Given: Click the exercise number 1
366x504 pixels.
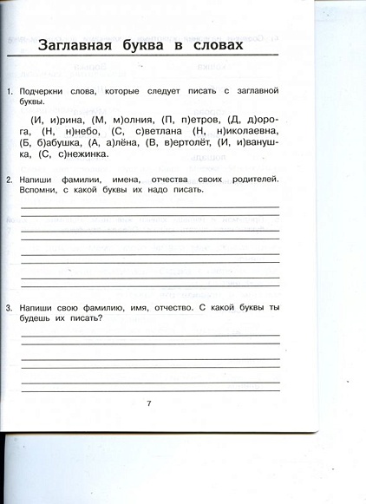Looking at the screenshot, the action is (8, 91).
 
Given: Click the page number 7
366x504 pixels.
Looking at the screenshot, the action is (149, 404).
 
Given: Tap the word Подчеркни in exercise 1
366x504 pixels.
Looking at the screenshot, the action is (45, 91).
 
